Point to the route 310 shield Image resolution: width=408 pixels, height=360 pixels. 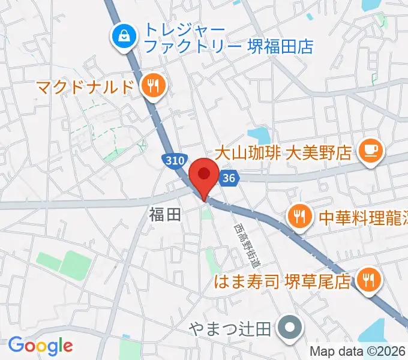[x=173, y=160]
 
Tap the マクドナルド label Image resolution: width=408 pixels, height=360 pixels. [x=84, y=87]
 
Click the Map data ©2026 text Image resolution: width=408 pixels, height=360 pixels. [x=358, y=352]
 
